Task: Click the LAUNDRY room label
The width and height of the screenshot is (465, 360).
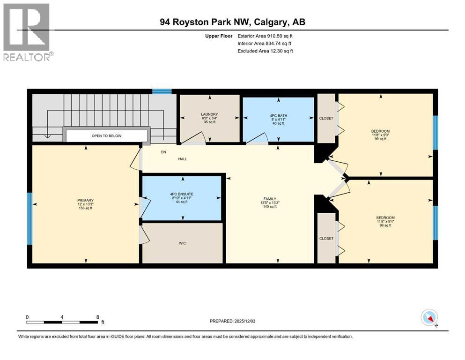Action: pos(210,114)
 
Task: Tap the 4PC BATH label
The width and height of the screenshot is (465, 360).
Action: pos(278,114)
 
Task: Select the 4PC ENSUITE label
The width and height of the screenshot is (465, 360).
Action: pos(181,194)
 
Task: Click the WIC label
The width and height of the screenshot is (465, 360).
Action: pos(183,243)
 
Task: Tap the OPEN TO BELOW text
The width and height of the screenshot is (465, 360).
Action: pos(106,136)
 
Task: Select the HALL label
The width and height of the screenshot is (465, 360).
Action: pos(182,159)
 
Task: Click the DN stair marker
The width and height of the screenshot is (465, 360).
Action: pos(163,152)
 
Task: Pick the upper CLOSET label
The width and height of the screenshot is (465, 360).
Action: pos(326,118)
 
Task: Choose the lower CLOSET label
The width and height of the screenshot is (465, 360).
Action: pos(326,238)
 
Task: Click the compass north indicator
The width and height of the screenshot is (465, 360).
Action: pos(429,318)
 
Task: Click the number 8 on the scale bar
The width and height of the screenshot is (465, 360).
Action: pos(97,317)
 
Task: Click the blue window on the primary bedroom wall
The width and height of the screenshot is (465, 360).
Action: pos(30,218)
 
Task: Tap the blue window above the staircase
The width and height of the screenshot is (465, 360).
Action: pos(162,91)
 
